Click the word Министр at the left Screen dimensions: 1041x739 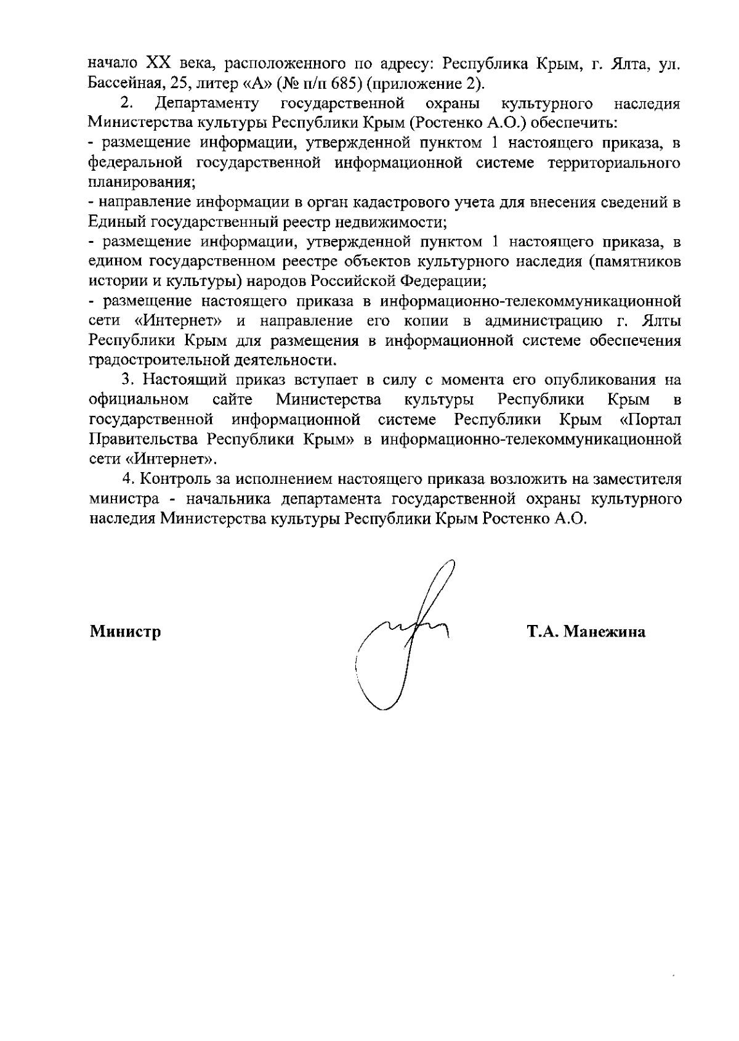[126, 632]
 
